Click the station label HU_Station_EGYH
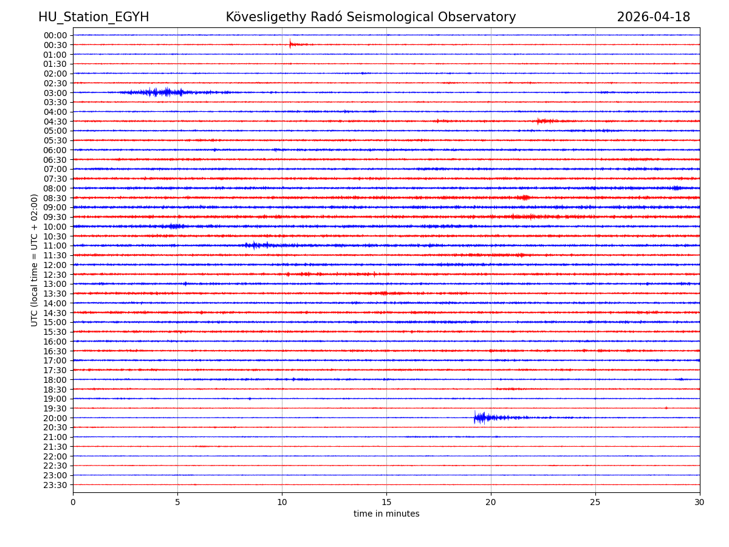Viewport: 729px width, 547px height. point(94,18)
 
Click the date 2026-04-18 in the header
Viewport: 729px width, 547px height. point(653,18)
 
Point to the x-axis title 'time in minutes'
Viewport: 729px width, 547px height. point(386,514)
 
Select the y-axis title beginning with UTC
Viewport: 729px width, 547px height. point(35,260)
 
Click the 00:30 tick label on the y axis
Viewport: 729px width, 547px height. point(55,45)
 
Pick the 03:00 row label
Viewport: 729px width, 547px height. point(55,93)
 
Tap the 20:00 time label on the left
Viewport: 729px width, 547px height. point(55,418)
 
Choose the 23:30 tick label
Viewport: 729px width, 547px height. point(55,485)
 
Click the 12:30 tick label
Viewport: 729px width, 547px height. point(55,275)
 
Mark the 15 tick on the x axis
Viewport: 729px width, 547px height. point(386,502)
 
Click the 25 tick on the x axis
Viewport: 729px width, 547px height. point(595,502)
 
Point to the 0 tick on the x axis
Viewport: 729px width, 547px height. point(73,502)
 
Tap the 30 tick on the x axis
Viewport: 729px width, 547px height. point(700,502)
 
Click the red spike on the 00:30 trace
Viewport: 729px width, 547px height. point(290,44)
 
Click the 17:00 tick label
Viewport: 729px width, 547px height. point(55,360)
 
